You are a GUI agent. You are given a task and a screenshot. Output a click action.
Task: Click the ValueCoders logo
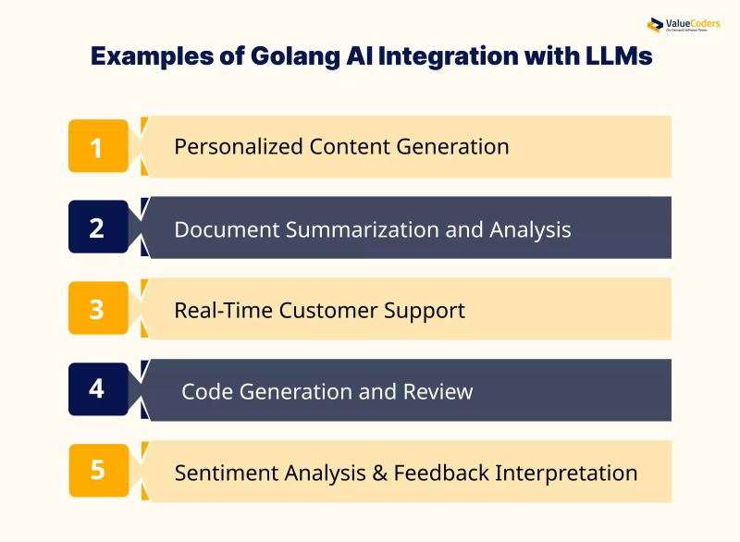click(684, 25)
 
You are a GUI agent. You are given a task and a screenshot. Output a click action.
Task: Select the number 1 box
click(98, 146)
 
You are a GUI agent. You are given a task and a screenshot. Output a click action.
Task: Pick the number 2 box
click(98, 228)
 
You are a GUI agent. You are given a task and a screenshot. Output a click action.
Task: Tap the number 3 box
click(98, 309)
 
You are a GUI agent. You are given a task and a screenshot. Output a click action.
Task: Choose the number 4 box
click(98, 389)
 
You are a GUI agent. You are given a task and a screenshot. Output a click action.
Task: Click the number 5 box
click(98, 470)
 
